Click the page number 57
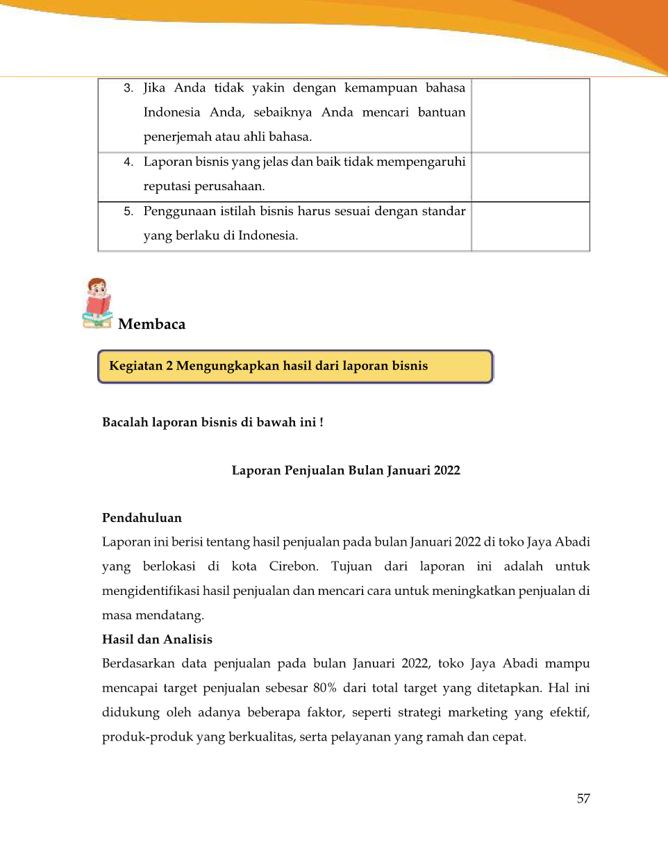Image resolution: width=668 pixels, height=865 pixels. click(x=583, y=798)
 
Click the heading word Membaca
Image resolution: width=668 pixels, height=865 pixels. click(x=152, y=324)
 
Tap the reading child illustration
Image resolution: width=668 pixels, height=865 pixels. click(x=98, y=303)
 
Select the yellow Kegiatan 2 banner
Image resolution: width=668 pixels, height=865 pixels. click(x=295, y=367)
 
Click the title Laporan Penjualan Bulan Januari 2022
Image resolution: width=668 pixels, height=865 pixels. click(x=346, y=471)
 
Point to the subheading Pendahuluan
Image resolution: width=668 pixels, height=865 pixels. click(x=142, y=518)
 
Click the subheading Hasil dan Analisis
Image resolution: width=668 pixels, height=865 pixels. click(x=157, y=639)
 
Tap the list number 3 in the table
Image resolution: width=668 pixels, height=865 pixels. click(x=128, y=88)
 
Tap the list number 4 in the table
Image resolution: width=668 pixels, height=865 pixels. click(x=128, y=162)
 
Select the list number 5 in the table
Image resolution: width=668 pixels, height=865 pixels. click(x=128, y=211)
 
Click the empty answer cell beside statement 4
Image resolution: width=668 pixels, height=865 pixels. click(x=531, y=177)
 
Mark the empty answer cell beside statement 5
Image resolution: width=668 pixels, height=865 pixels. click(x=531, y=226)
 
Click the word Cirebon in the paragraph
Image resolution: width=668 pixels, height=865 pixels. click(x=293, y=566)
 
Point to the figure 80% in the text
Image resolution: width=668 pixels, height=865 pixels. click(x=324, y=688)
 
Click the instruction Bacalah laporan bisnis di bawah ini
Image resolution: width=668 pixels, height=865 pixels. click(x=212, y=422)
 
